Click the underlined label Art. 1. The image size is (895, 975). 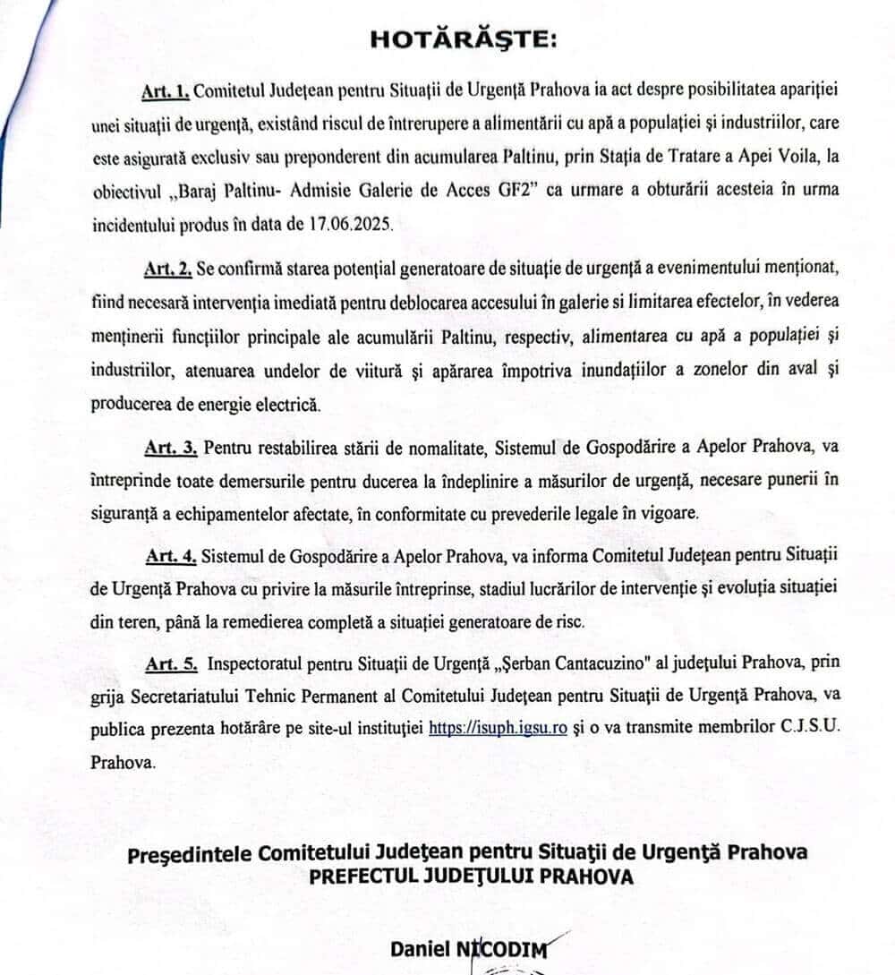[165, 91]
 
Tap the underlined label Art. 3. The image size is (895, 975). [170, 445]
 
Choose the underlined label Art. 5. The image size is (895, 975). [170, 663]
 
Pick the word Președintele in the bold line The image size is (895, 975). [186, 851]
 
